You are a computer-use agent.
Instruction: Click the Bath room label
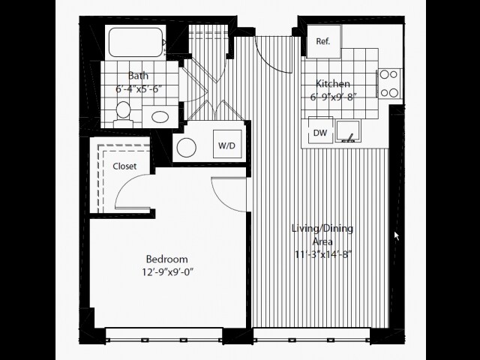point(138,76)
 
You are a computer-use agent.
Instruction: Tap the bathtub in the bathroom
point(136,42)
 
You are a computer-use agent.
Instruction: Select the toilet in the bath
point(123,115)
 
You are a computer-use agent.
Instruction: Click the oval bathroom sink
point(160,117)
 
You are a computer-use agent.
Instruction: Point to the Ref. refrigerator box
point(324,41)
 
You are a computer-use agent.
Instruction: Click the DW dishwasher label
point(320,133)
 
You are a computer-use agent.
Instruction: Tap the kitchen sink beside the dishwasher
point(348,131)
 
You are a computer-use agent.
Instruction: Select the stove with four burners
point(389,83)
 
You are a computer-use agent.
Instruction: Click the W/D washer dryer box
point(227,144)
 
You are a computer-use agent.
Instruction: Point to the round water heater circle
point(187,148)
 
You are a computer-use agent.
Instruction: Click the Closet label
point(124,166)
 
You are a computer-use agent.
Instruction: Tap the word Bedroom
point(166,259)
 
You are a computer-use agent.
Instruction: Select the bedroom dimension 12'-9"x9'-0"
point(168,271)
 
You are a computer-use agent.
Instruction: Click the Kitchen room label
point(333,83)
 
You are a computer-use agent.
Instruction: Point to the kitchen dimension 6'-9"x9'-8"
point(333,97)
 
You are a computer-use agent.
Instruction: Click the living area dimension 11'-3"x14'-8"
point(323,255)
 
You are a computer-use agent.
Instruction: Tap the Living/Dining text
point(322,229)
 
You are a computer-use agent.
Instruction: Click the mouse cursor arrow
point(397,235)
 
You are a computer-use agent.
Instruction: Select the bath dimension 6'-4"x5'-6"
point(139,89)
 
